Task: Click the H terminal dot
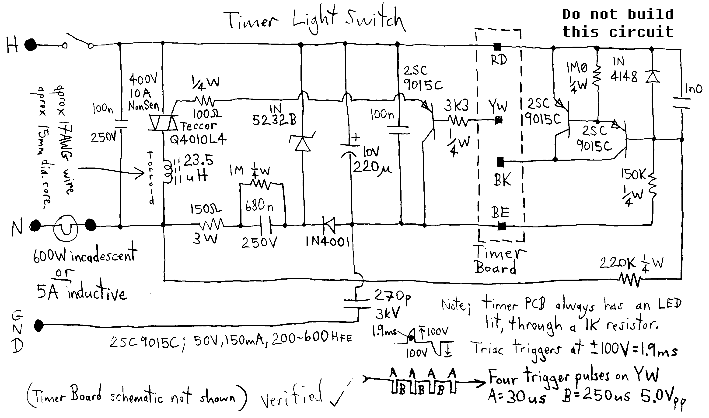click(31, 45)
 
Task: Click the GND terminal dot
click(39, 326)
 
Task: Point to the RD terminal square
click(498, 46)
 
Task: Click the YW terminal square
click(499, 120)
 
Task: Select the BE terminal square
click(501, 226)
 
